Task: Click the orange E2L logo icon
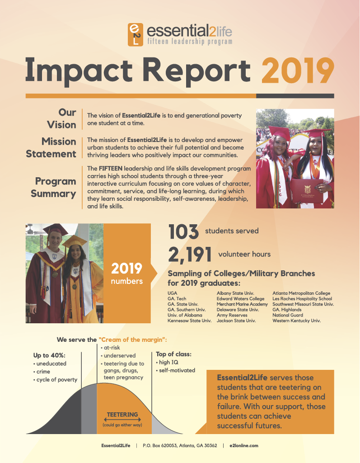pos(136,34)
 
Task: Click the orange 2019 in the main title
pos(298,71)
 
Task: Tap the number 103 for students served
pos(183,231)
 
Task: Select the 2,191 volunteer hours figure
pos(190,254)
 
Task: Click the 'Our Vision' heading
pos(62,118)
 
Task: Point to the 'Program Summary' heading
pos(53,187)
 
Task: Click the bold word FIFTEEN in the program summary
pos(110,169)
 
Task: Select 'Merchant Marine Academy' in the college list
pos(242,304)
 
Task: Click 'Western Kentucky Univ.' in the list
pos(297,321)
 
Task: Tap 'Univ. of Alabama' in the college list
pos(185,315)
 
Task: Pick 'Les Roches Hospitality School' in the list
pos(302,299)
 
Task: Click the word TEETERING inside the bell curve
pos(122,415)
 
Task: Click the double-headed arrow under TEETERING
pos(122,420)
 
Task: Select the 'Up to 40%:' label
pos(49,355)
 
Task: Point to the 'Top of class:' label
pos(173,354)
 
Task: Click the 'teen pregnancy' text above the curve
pos(123,378)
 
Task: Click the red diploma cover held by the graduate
pos(307,191)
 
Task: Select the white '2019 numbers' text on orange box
pos(127,273)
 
